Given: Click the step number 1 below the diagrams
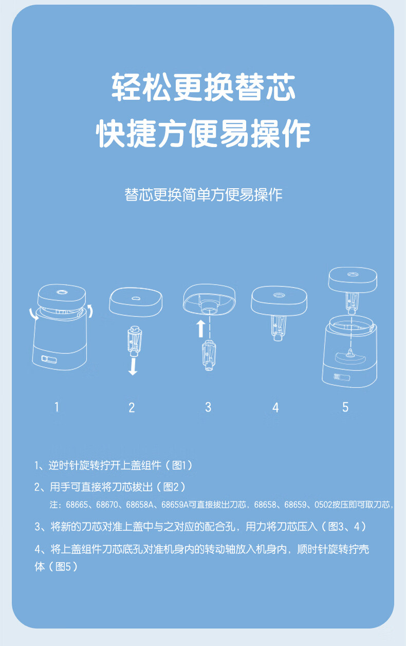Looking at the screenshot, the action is (x=57, y=407).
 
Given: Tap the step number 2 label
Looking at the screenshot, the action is (x=132, y=407).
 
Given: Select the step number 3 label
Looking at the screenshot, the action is (x=208, y=407).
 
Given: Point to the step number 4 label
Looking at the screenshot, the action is (x=275, y=407).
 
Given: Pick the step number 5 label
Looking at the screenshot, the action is (x=345, y=407).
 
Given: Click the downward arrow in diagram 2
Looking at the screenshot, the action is (x=133, y=366).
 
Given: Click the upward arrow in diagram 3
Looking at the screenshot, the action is (x=201, y=329).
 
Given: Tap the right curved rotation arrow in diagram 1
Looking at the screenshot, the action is (x=91, y=311).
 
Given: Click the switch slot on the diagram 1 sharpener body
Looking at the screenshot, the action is (x=49, y=359).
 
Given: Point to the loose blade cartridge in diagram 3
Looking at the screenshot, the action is (x=209, y=355).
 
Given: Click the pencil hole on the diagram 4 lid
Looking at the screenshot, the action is (x=278, y=295).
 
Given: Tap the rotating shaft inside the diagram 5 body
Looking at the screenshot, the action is (x=350, y=353).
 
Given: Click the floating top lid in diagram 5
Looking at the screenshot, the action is (x=353, y=280).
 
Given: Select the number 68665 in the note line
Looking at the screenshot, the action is (x=77, y=505).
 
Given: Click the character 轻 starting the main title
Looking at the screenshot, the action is (x=126, y=87).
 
